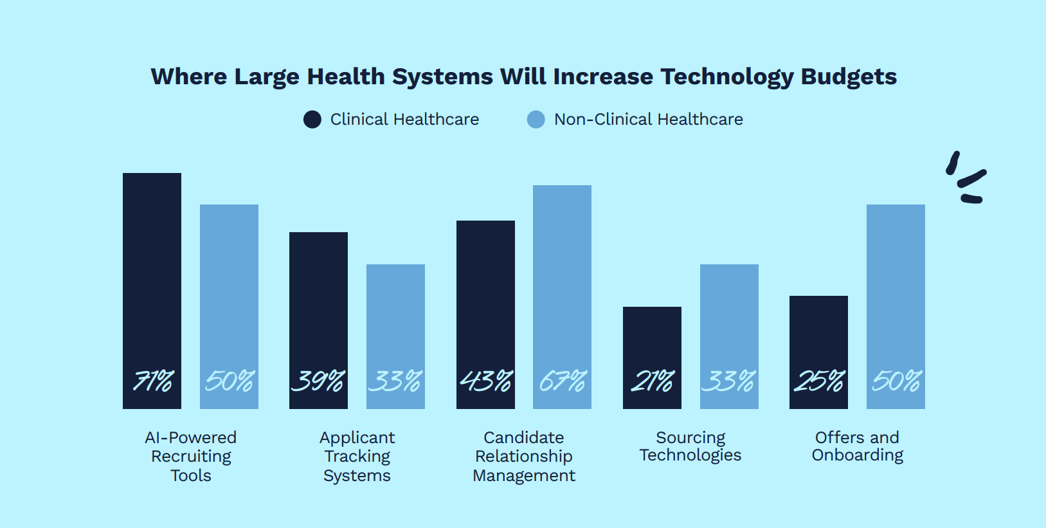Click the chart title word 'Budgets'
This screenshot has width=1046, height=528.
point(849,77)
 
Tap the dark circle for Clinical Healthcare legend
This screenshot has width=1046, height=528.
point(312,120)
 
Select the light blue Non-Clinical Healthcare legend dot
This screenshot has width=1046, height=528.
point(536,120)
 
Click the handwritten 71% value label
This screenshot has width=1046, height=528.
point(153,381)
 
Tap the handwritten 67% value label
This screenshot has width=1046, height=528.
point(563,381)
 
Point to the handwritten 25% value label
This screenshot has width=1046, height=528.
point(818,381)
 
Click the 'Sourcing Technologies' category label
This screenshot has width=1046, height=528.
point(690,446)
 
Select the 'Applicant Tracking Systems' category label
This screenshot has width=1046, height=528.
point(357,456)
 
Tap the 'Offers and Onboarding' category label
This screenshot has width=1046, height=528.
point(857,446)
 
